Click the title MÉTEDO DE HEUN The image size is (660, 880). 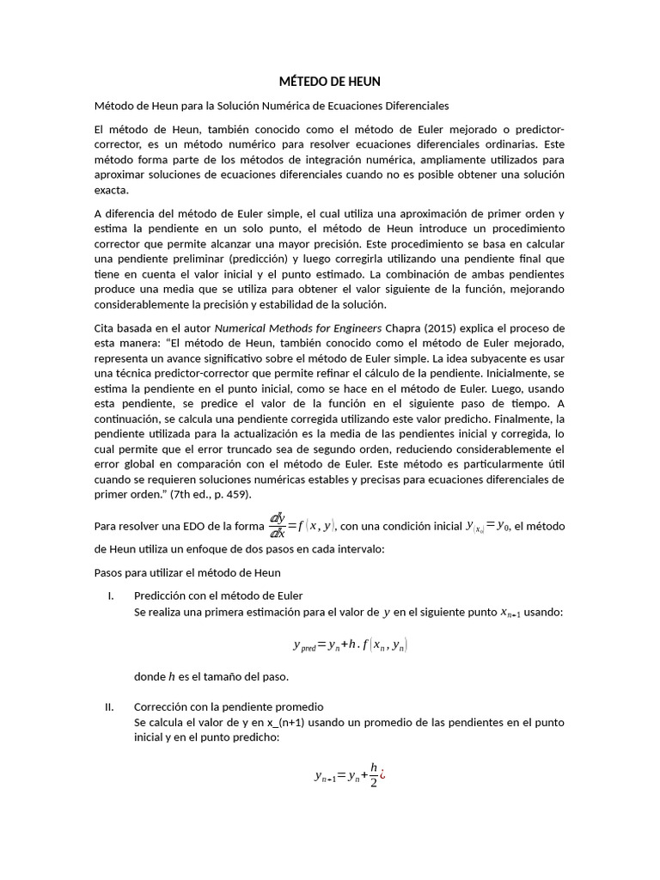pos(329,82)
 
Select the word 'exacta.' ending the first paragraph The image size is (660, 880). pos(110,190)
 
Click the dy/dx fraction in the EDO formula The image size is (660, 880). pos(277,526)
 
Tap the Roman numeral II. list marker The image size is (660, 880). pos(109,706)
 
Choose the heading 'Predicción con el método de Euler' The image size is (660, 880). pos(218,596)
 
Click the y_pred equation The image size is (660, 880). pos(350,645)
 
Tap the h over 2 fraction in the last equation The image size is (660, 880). pos(373,775)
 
